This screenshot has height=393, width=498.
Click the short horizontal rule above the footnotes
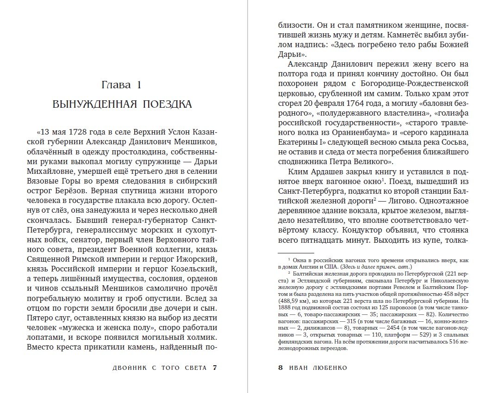coord(295,252)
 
